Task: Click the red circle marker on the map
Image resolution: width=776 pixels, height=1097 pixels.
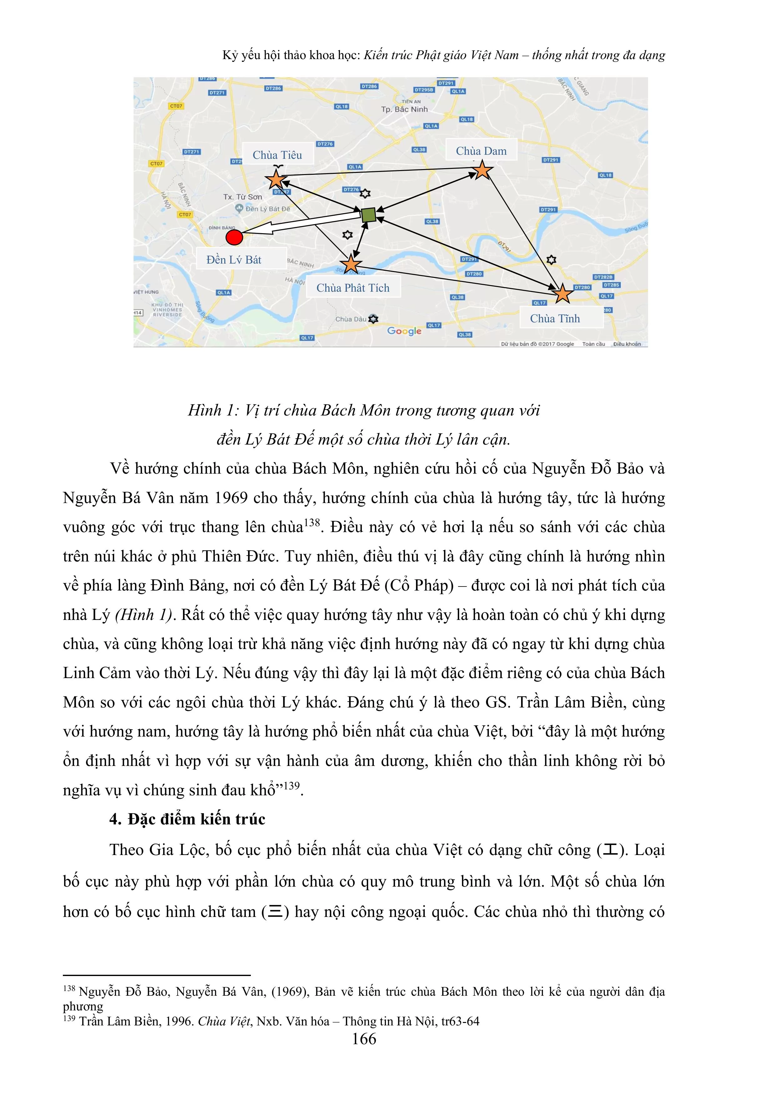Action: pos(234,238)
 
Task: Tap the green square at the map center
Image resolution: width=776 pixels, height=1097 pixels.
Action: pos(368,215)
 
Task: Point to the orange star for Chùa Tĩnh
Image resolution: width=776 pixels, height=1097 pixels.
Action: pos(563,293)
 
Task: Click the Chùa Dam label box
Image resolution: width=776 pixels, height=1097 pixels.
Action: pos(481,151)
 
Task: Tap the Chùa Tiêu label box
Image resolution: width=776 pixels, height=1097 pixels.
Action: pos(277,155)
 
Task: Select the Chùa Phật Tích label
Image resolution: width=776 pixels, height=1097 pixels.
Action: pos(353,288)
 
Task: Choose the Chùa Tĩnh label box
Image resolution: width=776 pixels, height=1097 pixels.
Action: pos(555,318)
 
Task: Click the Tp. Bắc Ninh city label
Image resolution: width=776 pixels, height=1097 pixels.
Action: pos(404,109)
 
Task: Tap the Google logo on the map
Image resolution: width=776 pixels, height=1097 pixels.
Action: pos(404,331)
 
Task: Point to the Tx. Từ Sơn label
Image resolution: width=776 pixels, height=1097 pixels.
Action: pos(242,197)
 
